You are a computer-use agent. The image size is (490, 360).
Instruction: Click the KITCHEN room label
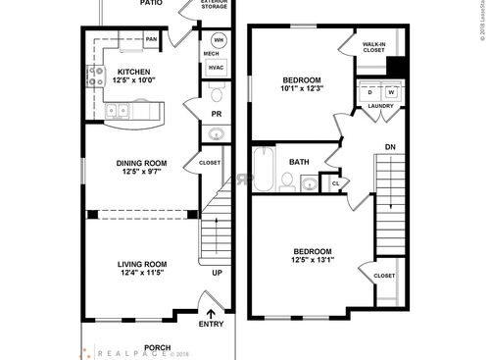[134, 72]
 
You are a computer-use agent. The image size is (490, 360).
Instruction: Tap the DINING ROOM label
[142, 164]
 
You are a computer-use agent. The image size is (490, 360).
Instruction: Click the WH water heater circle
[219, 40]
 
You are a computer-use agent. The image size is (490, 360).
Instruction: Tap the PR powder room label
[217, 115]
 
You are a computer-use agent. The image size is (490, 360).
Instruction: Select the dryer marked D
[370, 92]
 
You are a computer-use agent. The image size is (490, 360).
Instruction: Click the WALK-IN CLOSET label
[373, 47]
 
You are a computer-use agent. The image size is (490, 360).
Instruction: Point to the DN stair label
[389, 147]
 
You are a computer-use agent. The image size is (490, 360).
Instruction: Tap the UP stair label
[217, 273]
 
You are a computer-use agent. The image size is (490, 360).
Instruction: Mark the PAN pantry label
[152, 39]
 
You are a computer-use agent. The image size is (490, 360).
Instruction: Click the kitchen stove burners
[98, 77]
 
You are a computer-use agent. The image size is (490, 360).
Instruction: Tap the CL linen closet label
[335, 182]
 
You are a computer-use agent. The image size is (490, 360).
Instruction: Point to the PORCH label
[158, 346]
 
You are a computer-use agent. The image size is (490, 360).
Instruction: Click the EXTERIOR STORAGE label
[215, 5]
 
